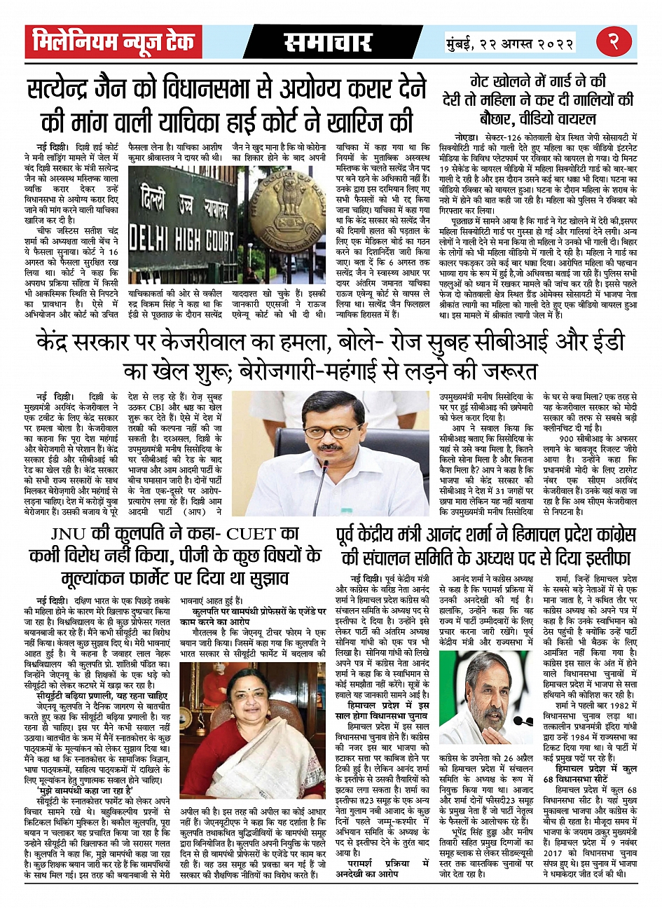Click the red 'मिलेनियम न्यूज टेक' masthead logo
[113, 43]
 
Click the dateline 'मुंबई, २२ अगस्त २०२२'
[510, 43]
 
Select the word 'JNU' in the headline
[72, 534]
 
